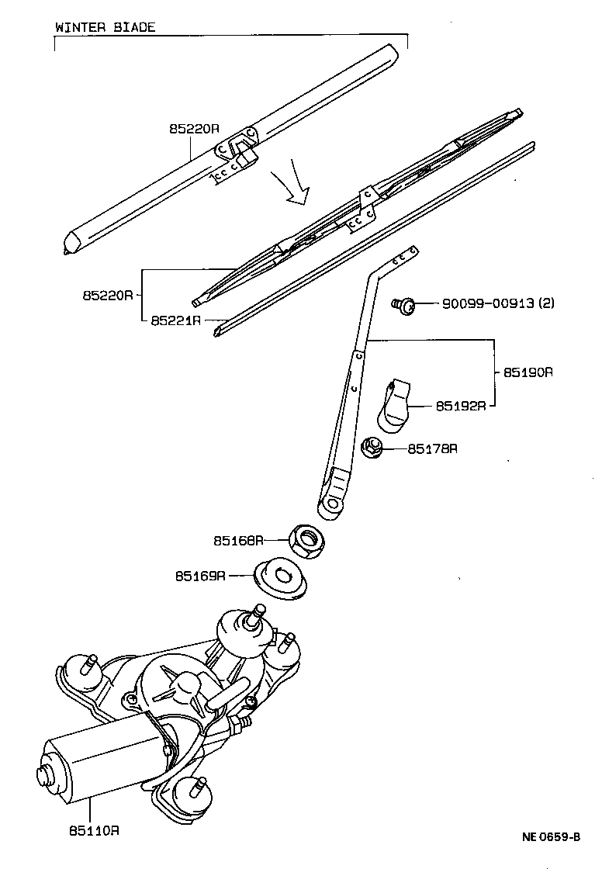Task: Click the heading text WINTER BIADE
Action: click(105, 27)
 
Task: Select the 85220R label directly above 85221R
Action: click(108, 296)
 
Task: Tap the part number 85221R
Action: click(176, 320)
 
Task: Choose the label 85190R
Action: click(528, 372)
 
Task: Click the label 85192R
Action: click(460, 405)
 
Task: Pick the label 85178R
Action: click(433, 448)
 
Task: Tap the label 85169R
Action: click(200, 576)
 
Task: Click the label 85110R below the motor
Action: click(94, 830)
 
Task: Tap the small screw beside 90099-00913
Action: click(403, 304)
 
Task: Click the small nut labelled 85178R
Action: click(372, 448)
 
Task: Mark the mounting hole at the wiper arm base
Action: click(334, 504)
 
